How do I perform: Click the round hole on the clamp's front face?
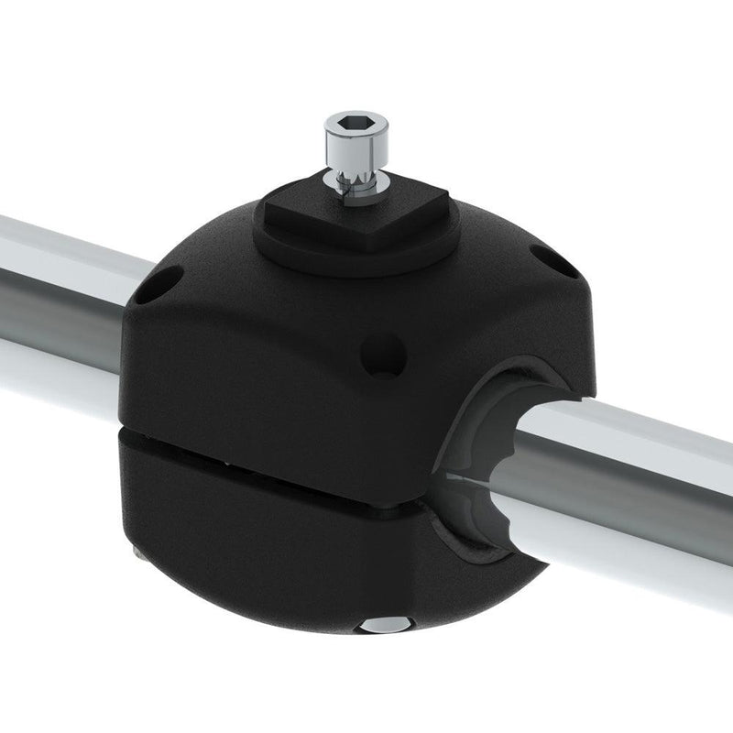(383, 355)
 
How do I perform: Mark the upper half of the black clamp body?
(275, 348)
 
